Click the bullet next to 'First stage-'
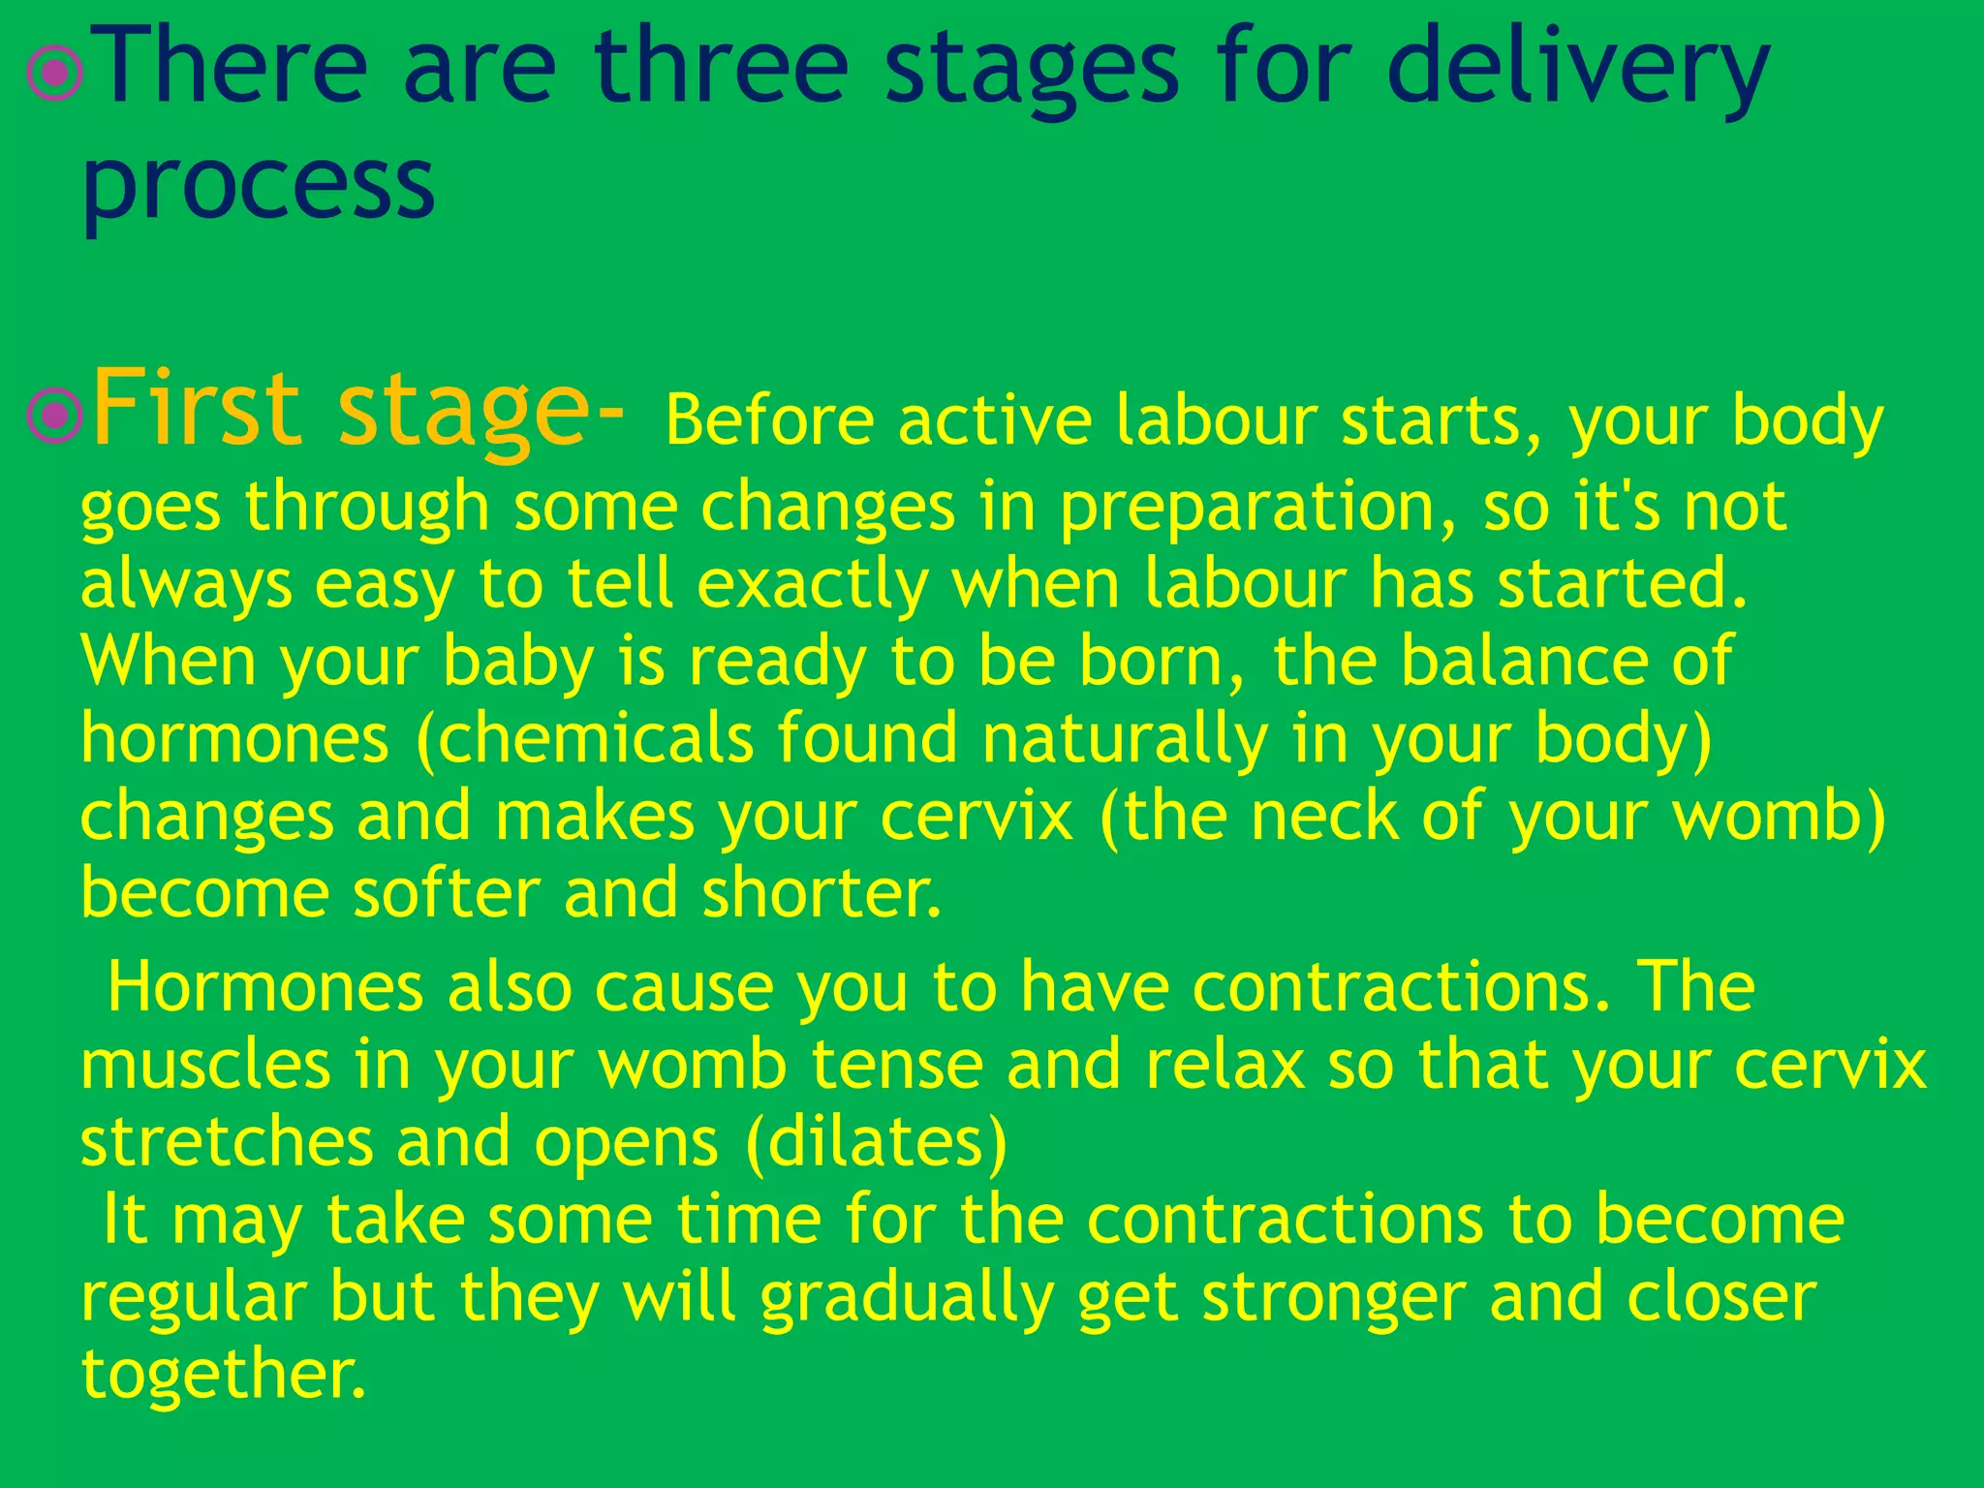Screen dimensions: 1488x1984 coord(55,415)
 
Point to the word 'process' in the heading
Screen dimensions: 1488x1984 coord(259,184)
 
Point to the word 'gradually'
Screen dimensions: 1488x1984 coord(907,1298)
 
